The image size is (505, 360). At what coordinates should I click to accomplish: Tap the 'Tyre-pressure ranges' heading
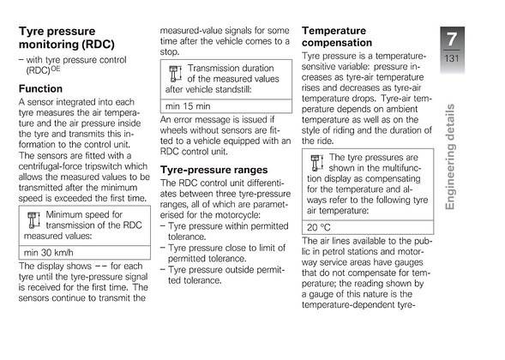[x=214, y=171]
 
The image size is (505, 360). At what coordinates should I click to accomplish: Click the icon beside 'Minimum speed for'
[x=33, y=216]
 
